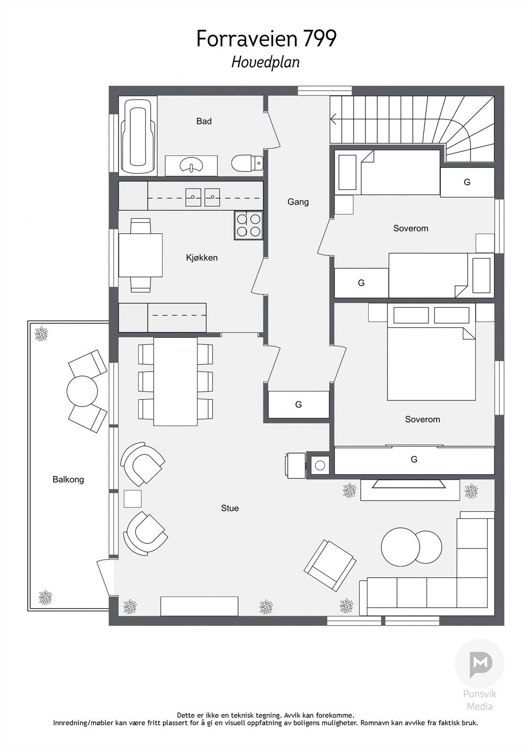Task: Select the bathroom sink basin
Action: (191, 165)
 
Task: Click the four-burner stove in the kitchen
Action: (248, 225)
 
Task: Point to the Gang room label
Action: (298, 202)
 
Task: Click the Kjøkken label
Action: (202, 258)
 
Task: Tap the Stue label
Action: (230, 508)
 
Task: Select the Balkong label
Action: (68, 479)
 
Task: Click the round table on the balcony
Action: (82, 391)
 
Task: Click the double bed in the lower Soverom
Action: (431, 362)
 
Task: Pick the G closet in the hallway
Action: (298, 404)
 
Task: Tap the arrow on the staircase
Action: (334, 119)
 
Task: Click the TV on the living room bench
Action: (409, 484)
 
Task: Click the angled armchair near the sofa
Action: (329, 565)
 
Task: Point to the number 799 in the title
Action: (320, 39)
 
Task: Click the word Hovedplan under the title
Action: (265, 62)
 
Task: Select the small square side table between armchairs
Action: (133, 499)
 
